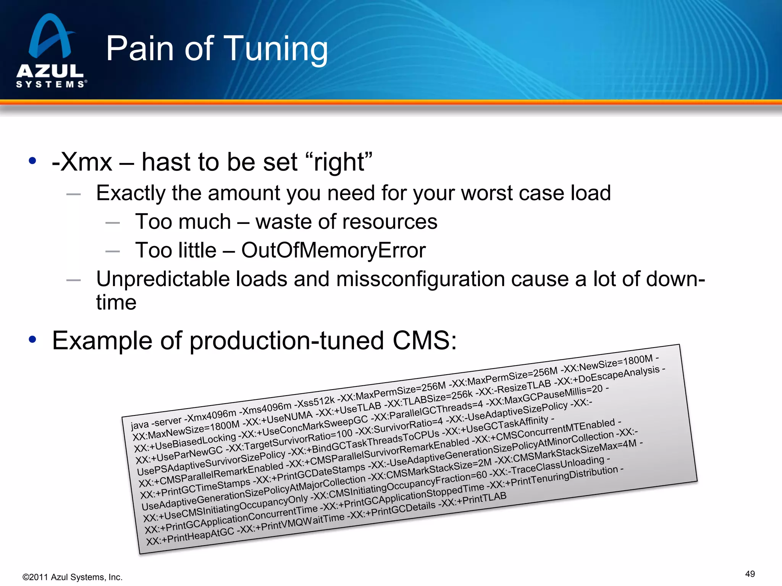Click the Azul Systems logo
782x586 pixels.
coord(50,52)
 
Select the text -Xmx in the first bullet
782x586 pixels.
coord(82,162)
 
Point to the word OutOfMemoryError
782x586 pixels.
coord(333,251)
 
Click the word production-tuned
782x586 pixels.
coord(286,340)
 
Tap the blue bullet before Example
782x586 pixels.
coord(32,339)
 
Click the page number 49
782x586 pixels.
coord(750,574)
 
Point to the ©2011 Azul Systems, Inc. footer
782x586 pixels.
coord(73,577)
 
